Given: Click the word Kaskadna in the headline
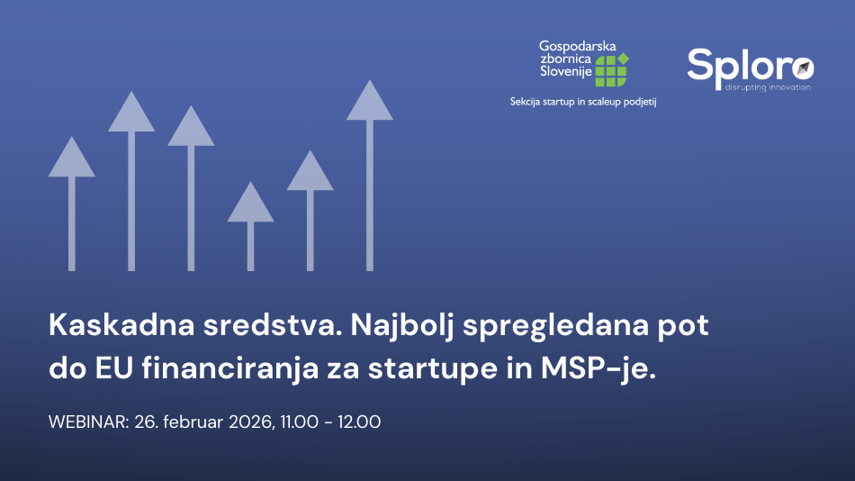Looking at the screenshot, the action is click(121, 325).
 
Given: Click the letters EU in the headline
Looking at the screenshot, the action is click(114, 368).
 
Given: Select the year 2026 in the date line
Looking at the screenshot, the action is click(251, 422).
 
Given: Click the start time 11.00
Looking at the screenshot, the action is click(300, 422).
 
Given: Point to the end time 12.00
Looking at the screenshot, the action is click(359, 422).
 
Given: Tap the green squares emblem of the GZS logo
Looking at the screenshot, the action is click(612, 70).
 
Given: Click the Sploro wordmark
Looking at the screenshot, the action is click(751, 67).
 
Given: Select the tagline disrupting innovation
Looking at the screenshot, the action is click(768, 87).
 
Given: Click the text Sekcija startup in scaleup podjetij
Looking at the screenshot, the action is click(583, 102).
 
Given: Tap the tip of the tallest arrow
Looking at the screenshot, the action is click(370, 80).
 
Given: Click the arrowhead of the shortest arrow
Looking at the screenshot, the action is click(250, 203).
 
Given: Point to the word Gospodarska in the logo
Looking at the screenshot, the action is click(578, 47).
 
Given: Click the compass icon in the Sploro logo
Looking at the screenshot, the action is click(803, 68).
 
